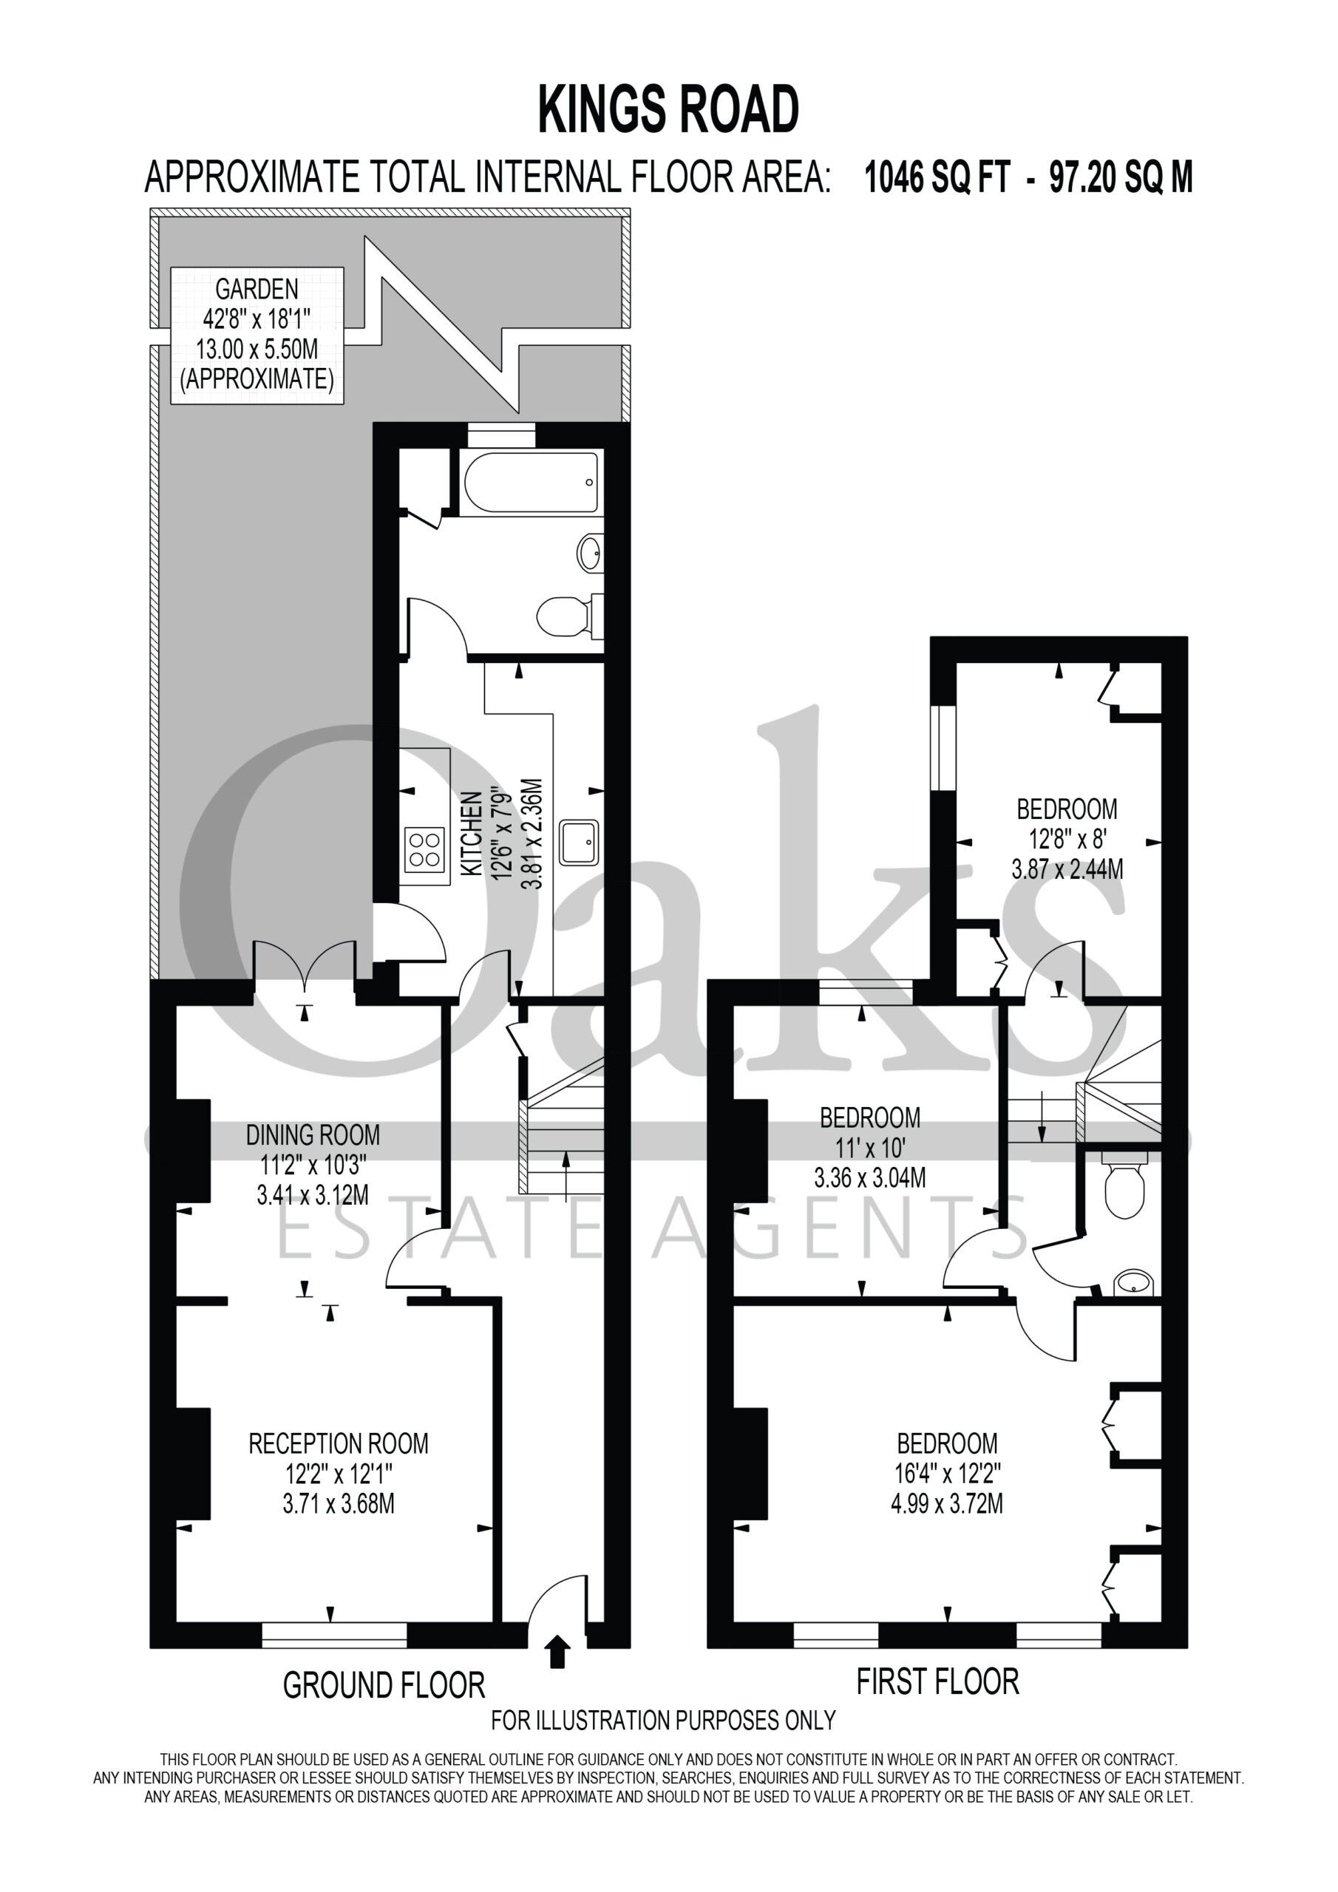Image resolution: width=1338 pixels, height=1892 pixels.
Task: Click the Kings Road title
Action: click(x=668, y=109)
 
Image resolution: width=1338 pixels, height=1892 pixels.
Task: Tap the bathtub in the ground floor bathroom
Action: click(x=531, y=483)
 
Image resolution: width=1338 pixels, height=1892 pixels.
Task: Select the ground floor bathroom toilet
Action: click(x=570, y=616)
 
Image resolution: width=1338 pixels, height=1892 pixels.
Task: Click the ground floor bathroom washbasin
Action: click(x=590, y=552)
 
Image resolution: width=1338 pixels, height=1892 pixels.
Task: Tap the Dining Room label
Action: click(x=313, y=1164)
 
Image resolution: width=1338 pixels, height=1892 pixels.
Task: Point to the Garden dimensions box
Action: click(x=257, y=335)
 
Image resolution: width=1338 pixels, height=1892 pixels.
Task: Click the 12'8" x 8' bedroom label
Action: click(x=1067, y=839)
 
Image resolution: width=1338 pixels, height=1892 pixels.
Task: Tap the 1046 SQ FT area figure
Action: click(x=937, y=177)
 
